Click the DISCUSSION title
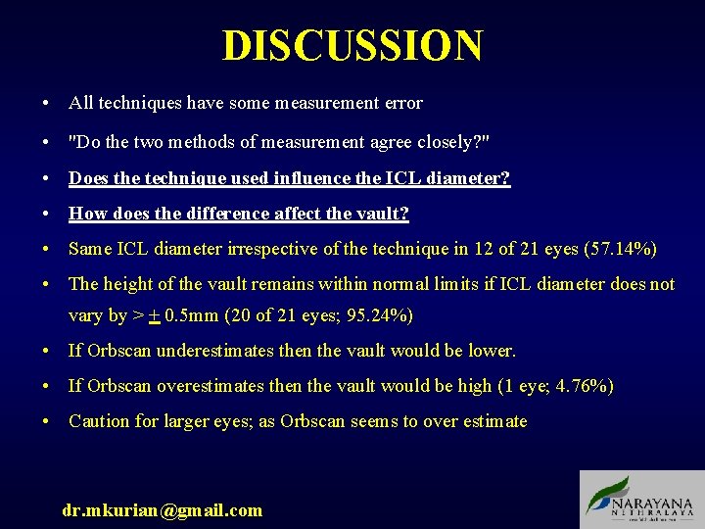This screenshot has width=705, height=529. click(x=352, y=46)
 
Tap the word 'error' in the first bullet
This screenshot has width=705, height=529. click(x=402, y=103)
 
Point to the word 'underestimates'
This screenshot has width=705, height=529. click(x=217, y=351)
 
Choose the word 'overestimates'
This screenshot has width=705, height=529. click(x=212, y=386)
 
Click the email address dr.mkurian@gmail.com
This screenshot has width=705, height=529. click(x=163, y=509)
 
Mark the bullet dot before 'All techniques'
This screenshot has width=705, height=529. click(x=46, y=104)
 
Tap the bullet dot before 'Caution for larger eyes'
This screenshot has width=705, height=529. click(x=46, y=422)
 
